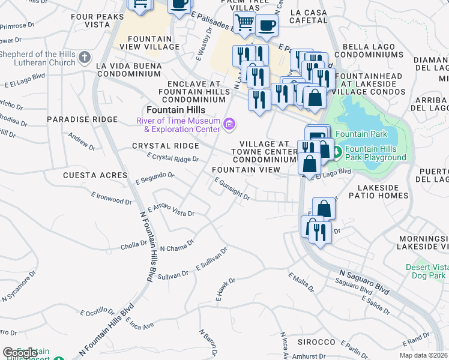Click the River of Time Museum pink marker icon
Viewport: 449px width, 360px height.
(229, 124)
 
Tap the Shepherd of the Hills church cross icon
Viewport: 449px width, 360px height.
(85, 58)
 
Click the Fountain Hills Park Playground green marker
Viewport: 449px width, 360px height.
(337, 152)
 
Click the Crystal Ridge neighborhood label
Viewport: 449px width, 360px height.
(165, 146)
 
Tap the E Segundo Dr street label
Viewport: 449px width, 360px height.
(155, 177)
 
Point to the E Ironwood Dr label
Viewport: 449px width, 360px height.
(111, 197)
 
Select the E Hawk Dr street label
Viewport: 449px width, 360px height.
(225, 289)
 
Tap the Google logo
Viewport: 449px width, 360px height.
(20, 353)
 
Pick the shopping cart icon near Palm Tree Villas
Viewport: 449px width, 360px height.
(244, 23)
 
